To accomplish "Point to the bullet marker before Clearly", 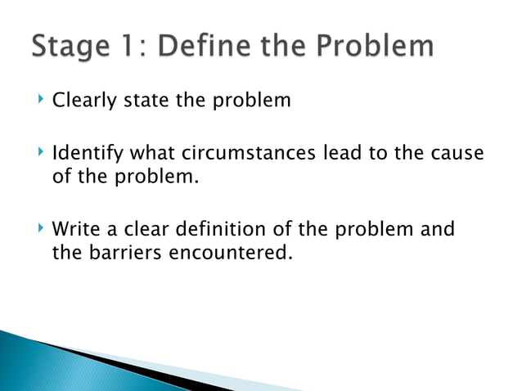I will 41,101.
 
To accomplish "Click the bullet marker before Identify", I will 41,152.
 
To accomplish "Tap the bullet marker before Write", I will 41,227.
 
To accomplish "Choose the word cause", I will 455,154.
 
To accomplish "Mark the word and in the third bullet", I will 437,228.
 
